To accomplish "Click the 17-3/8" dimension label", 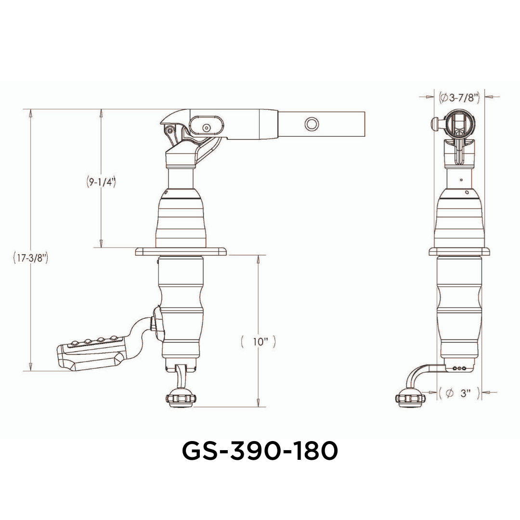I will tap(30, 259).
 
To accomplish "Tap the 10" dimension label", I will tap(259, 342).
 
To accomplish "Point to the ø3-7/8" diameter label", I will tap(459, 98).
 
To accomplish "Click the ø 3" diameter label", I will tap(459, 393).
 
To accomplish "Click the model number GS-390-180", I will tap(260, 452).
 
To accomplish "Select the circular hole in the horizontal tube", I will tap(312, 124).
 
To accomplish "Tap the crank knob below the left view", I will tap(181, 400).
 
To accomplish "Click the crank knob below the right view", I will tap(409, 399).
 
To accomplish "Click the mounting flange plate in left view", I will tap(181, 252).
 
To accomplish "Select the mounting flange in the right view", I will tap(459, 252).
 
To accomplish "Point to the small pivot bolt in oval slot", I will tap(207, 128).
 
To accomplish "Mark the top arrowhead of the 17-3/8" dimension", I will tap(30, 113).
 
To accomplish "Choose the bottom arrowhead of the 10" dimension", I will tap(259, 403).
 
